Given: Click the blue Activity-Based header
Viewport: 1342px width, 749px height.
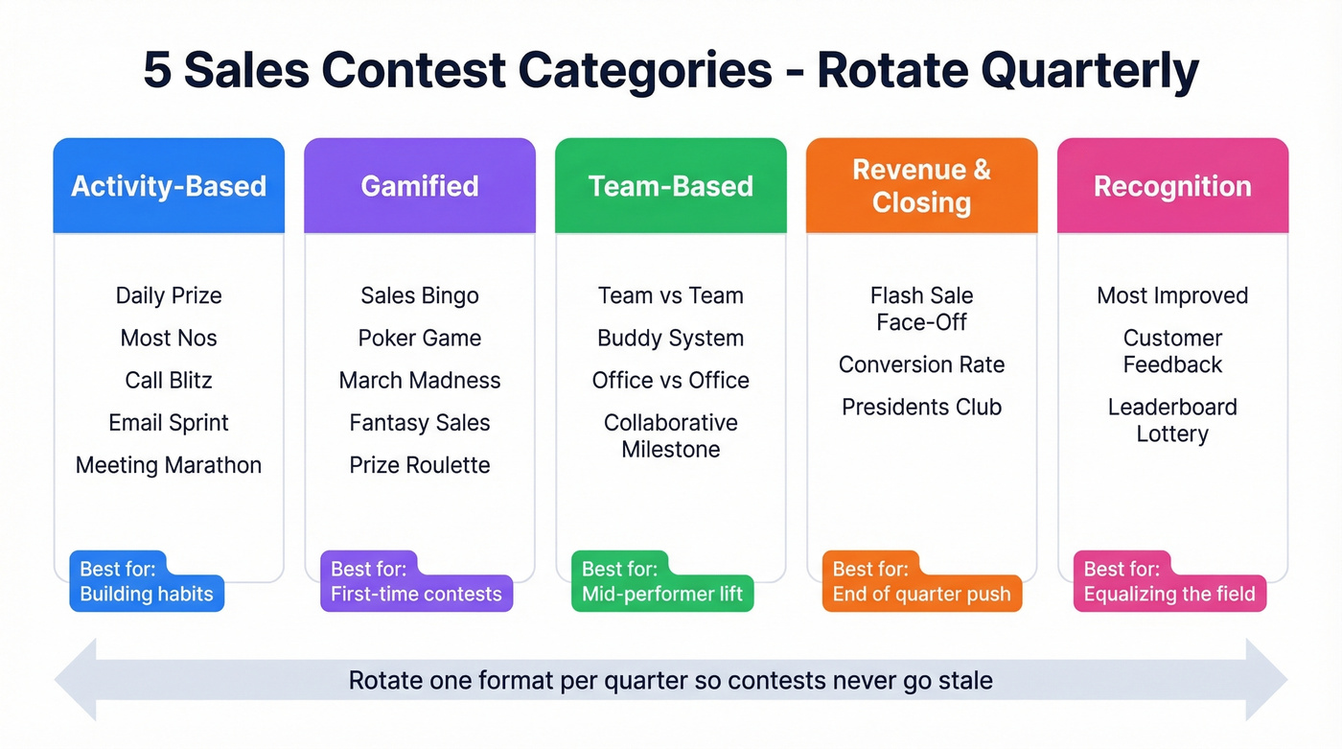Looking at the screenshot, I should (x=169, y=186).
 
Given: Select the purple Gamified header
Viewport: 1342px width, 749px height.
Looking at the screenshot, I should (x=420, y=186).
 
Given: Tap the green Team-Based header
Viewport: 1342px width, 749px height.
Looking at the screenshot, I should (x=671, y=186).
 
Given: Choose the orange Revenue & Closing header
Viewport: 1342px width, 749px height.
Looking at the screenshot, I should (x=922, y=186).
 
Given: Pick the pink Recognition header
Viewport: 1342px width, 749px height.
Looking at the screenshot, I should (x=1172, y=186).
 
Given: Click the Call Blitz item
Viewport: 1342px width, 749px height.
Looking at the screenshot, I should (x=169, y=380).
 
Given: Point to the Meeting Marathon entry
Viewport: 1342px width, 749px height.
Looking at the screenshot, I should (x=169, y=465).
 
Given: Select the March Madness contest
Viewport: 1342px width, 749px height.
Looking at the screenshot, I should (x=420, y=380).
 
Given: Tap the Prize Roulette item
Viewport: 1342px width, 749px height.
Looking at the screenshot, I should (x=420, y=465).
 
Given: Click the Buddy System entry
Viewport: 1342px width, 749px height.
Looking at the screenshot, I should (x=671, y=338).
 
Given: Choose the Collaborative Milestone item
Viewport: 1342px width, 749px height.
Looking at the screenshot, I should (x=671, y=435).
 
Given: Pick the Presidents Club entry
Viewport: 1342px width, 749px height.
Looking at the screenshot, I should (x=922, y=407).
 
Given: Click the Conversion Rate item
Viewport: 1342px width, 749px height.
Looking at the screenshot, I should (x=922, y=364).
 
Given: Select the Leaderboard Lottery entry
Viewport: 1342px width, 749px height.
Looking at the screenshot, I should (x=1172, y=420).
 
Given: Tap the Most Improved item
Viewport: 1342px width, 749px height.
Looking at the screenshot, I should (x=1172, y=295).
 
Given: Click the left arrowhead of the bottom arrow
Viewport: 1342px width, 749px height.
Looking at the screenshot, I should (x=77, y=680).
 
